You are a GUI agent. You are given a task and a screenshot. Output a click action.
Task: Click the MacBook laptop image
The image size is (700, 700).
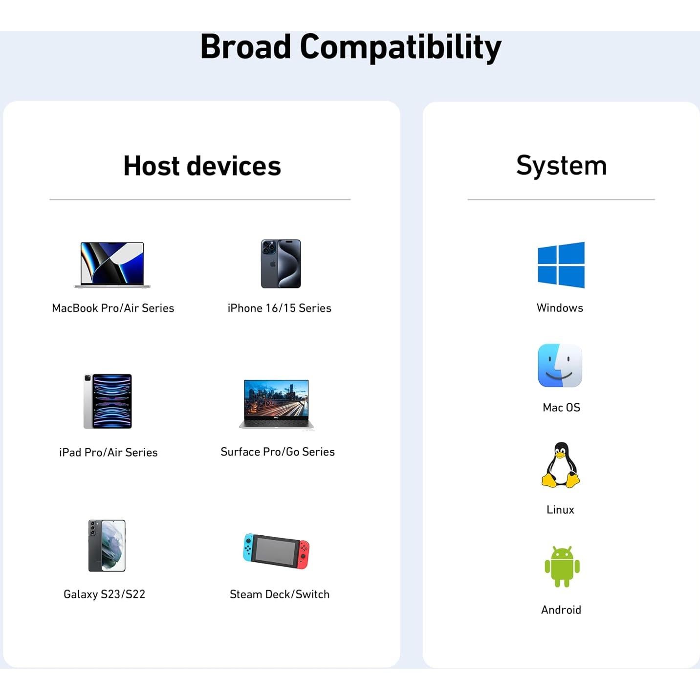pos(112,264)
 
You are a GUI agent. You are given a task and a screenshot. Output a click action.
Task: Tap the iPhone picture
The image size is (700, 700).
pos(281,263)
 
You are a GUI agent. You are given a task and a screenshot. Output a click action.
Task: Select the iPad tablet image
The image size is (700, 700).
pos(108,401)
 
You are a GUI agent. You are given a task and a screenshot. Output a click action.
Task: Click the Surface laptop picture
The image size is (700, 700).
pos(277,404)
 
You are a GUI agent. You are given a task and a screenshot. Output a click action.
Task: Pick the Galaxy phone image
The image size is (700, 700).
pos(107,546)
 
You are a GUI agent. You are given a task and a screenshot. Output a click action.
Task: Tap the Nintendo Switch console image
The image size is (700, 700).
pos(277,551)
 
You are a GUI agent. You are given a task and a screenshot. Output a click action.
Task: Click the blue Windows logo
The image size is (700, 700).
pos(561,265)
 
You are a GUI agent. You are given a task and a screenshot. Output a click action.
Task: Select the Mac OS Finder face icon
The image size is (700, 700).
pos(560,366)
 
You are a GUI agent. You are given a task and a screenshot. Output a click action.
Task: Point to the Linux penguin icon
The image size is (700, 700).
pos(560,465)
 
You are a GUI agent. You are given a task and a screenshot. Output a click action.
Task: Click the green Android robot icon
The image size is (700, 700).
pos(562,567)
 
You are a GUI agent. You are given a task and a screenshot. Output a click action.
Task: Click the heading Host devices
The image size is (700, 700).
pos(202,166)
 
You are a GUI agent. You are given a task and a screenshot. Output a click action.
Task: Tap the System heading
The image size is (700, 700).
pos(561,165)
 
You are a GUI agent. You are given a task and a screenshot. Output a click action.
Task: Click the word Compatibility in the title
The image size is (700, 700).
pos(400,47)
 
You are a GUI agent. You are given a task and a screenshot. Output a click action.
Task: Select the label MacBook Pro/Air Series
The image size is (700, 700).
pos(113,308)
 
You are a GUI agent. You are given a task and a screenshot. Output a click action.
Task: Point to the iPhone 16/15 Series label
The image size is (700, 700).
pos(279,308)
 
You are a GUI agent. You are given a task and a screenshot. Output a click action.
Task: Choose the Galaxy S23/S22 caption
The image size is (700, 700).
pos(104,594)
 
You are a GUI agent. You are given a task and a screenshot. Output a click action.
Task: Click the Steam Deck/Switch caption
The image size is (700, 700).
pos(279,594)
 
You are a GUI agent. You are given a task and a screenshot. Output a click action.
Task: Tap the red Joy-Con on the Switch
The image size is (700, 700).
pos(304,554)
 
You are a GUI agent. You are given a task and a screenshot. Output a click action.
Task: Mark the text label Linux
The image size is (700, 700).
pos(560,509)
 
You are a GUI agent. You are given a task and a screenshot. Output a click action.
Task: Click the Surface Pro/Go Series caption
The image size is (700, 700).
pos(277,452)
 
